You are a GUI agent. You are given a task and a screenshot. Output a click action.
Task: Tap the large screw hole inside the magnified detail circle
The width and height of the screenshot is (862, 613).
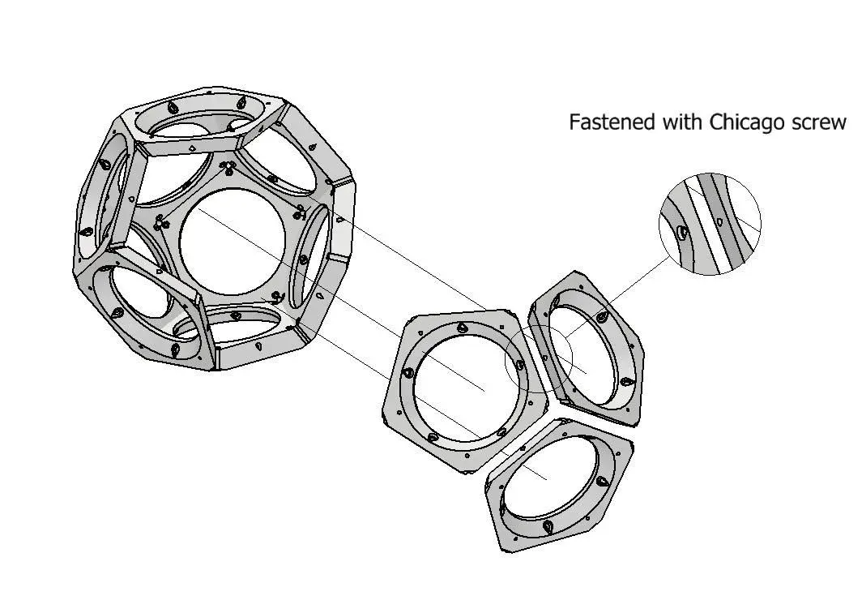681,233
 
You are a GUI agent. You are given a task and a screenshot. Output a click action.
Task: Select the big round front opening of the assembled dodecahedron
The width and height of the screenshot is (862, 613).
232,242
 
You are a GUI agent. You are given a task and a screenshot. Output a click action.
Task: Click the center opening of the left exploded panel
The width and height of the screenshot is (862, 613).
467,385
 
